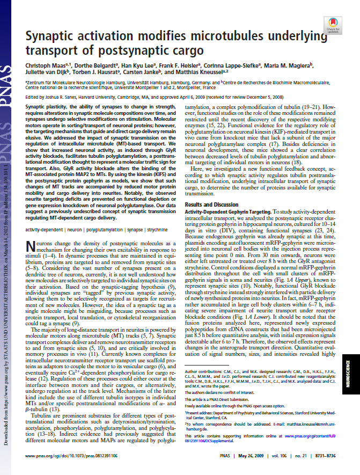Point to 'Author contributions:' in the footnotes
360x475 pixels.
click(x=201, y=371)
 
